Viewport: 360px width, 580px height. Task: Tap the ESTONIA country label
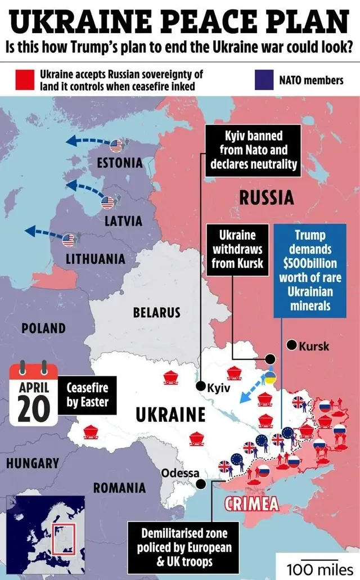(x=120, y=163)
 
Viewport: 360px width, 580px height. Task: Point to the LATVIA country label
(x=123, y=221)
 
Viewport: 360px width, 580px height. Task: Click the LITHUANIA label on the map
(x=95, y=259)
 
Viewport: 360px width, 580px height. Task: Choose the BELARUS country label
(x=156, y=312)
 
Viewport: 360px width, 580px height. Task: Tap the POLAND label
(x=43, y=327)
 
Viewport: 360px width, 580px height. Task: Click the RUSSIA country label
(x=266, y=198)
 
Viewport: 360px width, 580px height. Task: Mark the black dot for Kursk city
(x=291, y=345)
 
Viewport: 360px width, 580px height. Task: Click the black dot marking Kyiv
(x=200, y=386)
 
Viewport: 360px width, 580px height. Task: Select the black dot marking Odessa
(x=201, y=483)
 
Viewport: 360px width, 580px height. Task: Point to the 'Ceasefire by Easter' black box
(x=87, y=395)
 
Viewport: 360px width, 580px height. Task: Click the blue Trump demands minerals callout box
(x=310, y=270)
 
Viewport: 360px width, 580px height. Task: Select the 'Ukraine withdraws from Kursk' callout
(x=237, y=249)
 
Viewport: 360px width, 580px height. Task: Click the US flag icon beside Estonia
(x=116, y=146)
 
